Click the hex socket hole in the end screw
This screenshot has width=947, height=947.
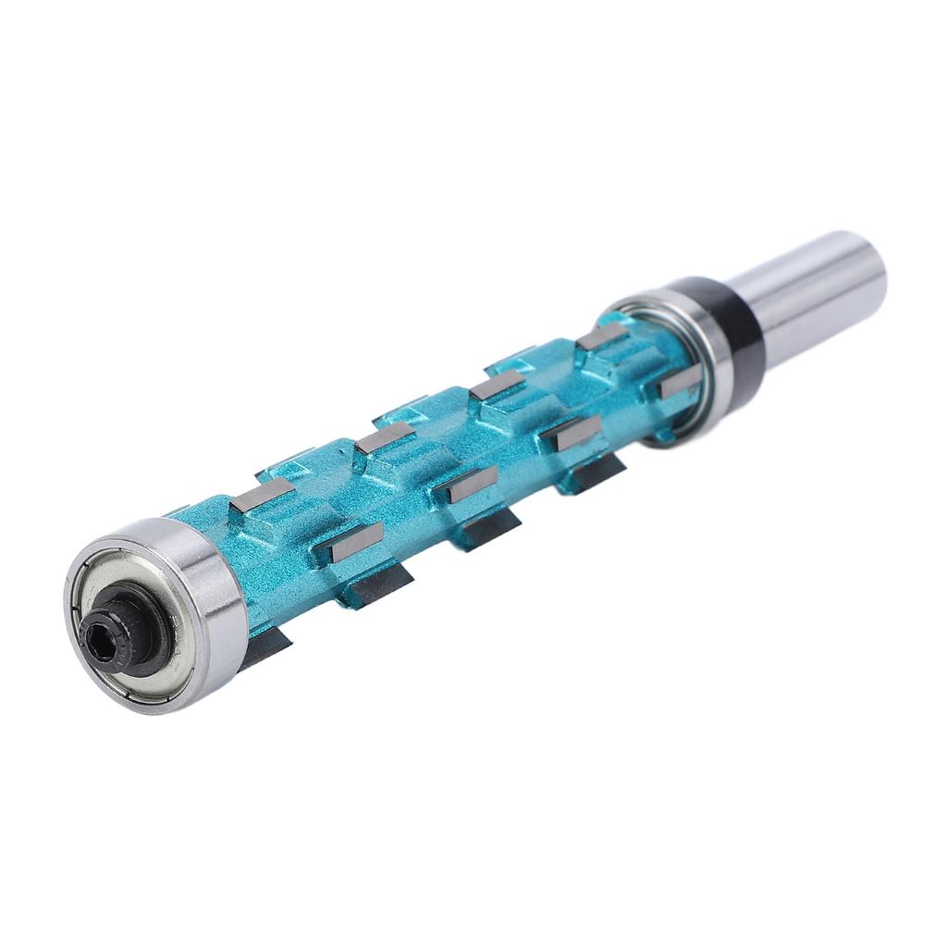click(x=99, y=637)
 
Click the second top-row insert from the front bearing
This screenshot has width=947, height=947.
click(x=385, y=437)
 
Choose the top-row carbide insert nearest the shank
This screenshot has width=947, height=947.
click(x=602, y=336)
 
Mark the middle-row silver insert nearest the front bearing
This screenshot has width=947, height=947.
click(x=356, y=542)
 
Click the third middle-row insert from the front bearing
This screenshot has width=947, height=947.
click(x=578, y=433)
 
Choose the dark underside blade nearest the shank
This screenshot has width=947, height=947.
click(x=596, y=473)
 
